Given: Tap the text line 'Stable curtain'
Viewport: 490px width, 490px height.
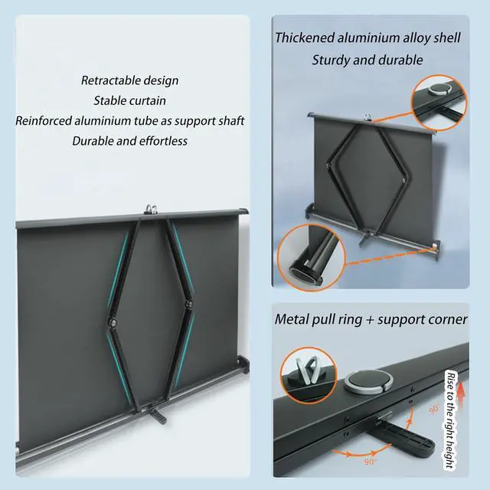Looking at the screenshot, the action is pyautogui.click(x=129, y=100).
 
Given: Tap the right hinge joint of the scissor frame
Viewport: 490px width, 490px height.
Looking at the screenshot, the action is pyautogui.click(x=187, y=306).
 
